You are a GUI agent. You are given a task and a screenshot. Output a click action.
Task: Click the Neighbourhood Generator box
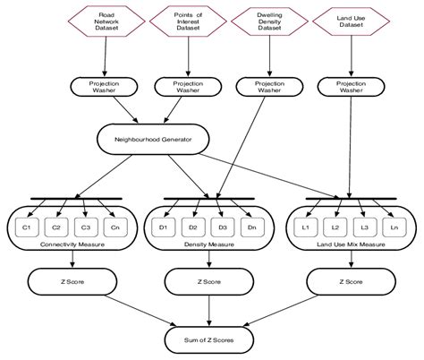click(154, 138)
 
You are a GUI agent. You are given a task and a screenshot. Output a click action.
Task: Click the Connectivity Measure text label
click(71, 243)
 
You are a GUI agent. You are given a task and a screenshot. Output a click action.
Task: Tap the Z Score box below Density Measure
click(209, 281)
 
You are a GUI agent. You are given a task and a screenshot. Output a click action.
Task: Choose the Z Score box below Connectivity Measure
click(71, 281)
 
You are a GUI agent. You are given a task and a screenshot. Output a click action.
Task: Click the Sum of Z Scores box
click(209, 339)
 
